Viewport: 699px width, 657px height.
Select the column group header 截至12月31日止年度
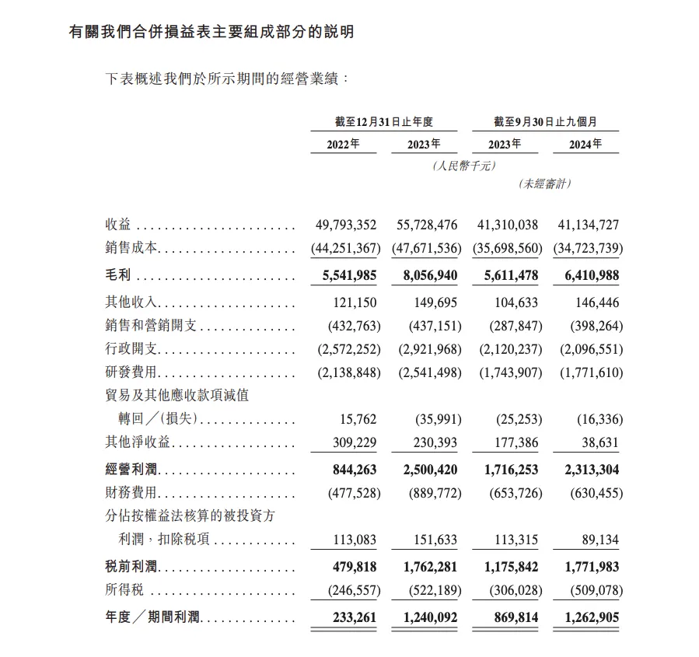pyautogui.click(x=383, y=122)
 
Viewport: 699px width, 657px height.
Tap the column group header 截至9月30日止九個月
pyautogui.click(x=545, y=122)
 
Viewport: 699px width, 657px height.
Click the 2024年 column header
pyautogui.click(x=585, y=144)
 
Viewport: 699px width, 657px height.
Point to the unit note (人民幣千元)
pyautogui.click(x=464, y=165)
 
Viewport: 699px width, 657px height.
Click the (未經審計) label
pyautogui.click(x=544, y=183)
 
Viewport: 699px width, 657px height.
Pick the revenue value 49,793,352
pyautogui.click(x=346, y=225)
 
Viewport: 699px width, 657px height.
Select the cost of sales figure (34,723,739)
pyautogui.click(x=588, y=249)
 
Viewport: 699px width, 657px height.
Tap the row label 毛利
pyautogui.click(x=117, y=275)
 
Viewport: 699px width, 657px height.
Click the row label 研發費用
pyautogui.click(x=131, y=372)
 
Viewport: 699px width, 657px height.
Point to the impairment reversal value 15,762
pyautogui.click(x=358, y=419)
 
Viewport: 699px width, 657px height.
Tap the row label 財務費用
pyautogui.click(x=131, y=493)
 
